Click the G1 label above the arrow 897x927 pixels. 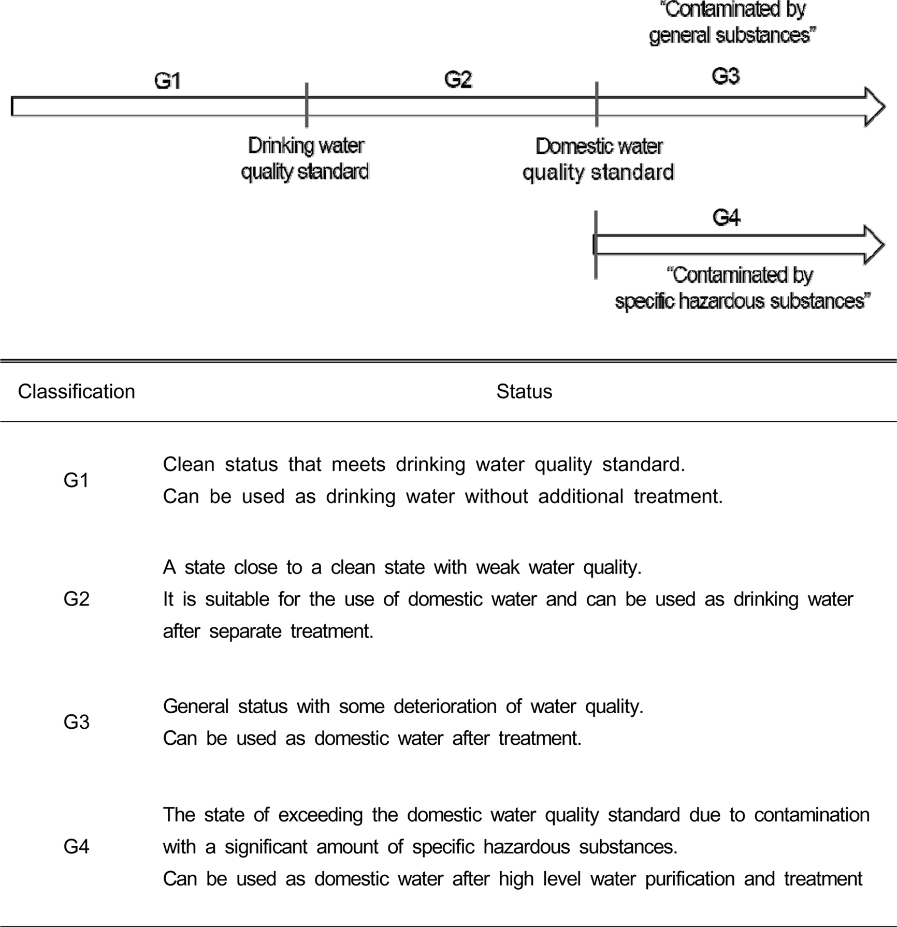pos(168,81)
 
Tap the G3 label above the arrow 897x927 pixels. pos(726,77)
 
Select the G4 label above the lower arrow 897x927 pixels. pos(726,217)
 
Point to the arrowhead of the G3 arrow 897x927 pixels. pos(874,107)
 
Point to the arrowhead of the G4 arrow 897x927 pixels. pos(874,245)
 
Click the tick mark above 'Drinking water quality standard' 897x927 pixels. pos(307,105)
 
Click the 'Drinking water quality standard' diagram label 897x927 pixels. pos(306,158)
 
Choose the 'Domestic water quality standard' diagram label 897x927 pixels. pos(598,159)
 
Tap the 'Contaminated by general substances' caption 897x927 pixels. pos(732,23)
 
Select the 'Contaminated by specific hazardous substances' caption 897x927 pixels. pos(742,288)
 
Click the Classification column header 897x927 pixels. pos(77,392)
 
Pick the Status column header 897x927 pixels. pos(524,392)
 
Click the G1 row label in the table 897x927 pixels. pos(76,481)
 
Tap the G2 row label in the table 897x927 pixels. pos(76,599)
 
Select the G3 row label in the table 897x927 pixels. pos(76,722)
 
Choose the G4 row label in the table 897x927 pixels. pos(76,847)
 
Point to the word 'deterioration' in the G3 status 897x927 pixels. pos(445,707)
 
